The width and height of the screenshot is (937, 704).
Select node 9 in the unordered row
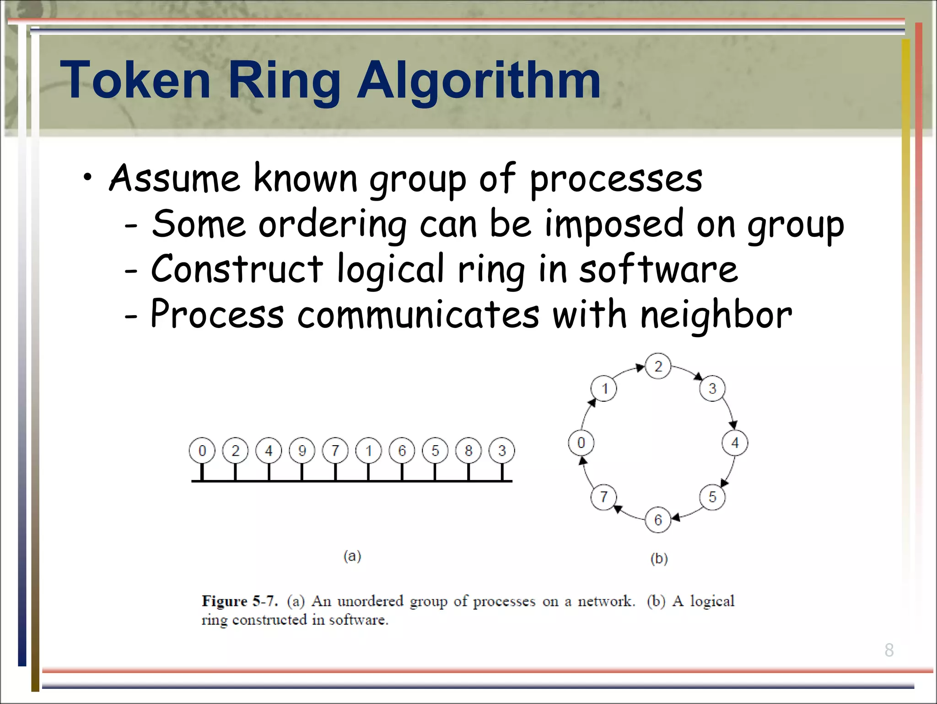click(302, 451)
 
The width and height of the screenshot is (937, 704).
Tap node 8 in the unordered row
click(468, 451)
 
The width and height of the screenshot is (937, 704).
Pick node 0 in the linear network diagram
click(202, 451)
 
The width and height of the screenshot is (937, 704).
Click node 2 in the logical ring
click(658, 366)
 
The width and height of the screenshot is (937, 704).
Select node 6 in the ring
click(658, 520)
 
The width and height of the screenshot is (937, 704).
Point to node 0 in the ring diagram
click(581, 443)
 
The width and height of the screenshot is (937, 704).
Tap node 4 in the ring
click(735, 443)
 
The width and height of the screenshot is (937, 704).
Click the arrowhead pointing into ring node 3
click(699, 377)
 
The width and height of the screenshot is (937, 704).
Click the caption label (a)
click(352, 556)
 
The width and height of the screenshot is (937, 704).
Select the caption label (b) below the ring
click(659, 558)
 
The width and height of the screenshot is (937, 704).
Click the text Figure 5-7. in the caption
click(239, 601)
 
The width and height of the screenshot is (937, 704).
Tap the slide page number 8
click(889, 650)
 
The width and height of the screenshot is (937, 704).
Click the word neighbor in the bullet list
click(716, 315)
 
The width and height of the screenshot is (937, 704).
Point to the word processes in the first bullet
click(616, 180)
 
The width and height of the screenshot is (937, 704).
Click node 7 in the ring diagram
click(604, 497)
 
